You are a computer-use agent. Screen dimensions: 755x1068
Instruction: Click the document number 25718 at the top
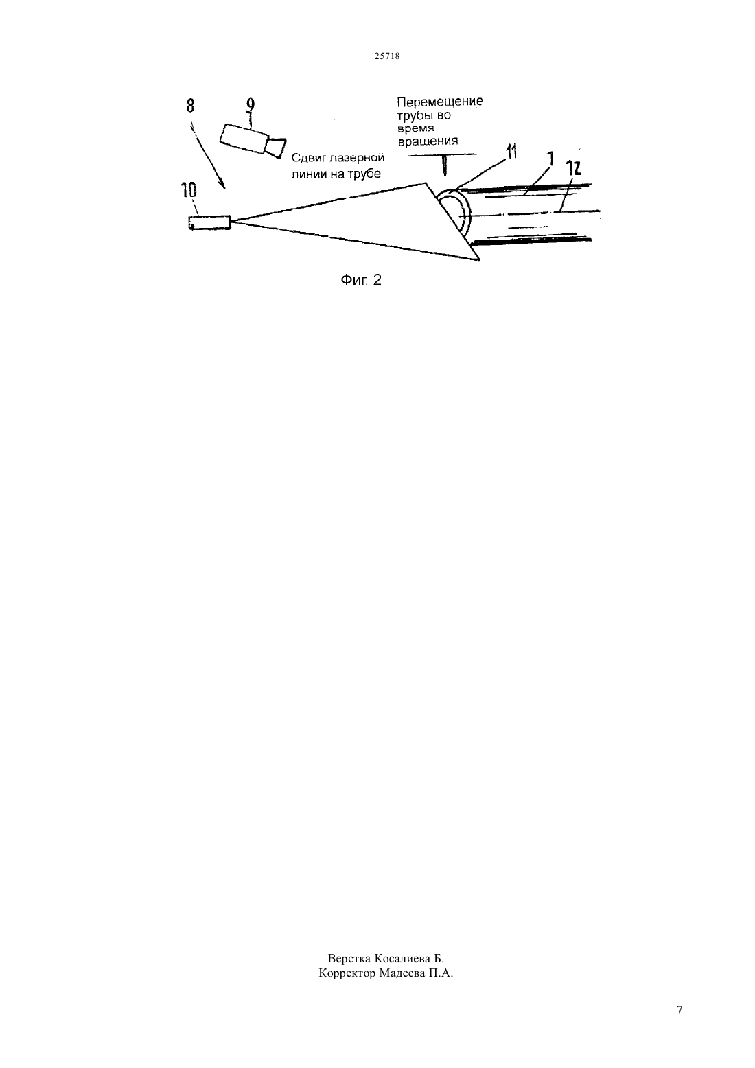tap(386, 56)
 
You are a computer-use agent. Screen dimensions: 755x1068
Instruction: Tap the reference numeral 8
tap(190, 106)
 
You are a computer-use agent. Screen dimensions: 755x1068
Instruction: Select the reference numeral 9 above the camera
tap(251, 106)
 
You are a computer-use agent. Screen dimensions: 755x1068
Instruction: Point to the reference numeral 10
tap(189, 191)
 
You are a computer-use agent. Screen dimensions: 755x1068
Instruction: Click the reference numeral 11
tap(511, 152)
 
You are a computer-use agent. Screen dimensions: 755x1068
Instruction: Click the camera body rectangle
tap(244, 139)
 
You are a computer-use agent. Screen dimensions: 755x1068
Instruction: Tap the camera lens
tap(276, 147)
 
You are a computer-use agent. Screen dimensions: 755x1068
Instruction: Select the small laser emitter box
tap(210, 222)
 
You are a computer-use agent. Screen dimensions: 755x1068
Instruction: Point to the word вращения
tap(428, 141)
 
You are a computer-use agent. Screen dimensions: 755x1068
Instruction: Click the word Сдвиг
tap(307, 158)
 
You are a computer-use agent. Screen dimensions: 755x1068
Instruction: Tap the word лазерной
tap(355, 158)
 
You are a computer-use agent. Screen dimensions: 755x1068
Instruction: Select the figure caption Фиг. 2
tap(361, 280)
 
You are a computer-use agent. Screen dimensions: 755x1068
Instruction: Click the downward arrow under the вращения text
tap(445, 165)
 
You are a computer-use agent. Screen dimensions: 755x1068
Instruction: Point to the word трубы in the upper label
tap(412, 116)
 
